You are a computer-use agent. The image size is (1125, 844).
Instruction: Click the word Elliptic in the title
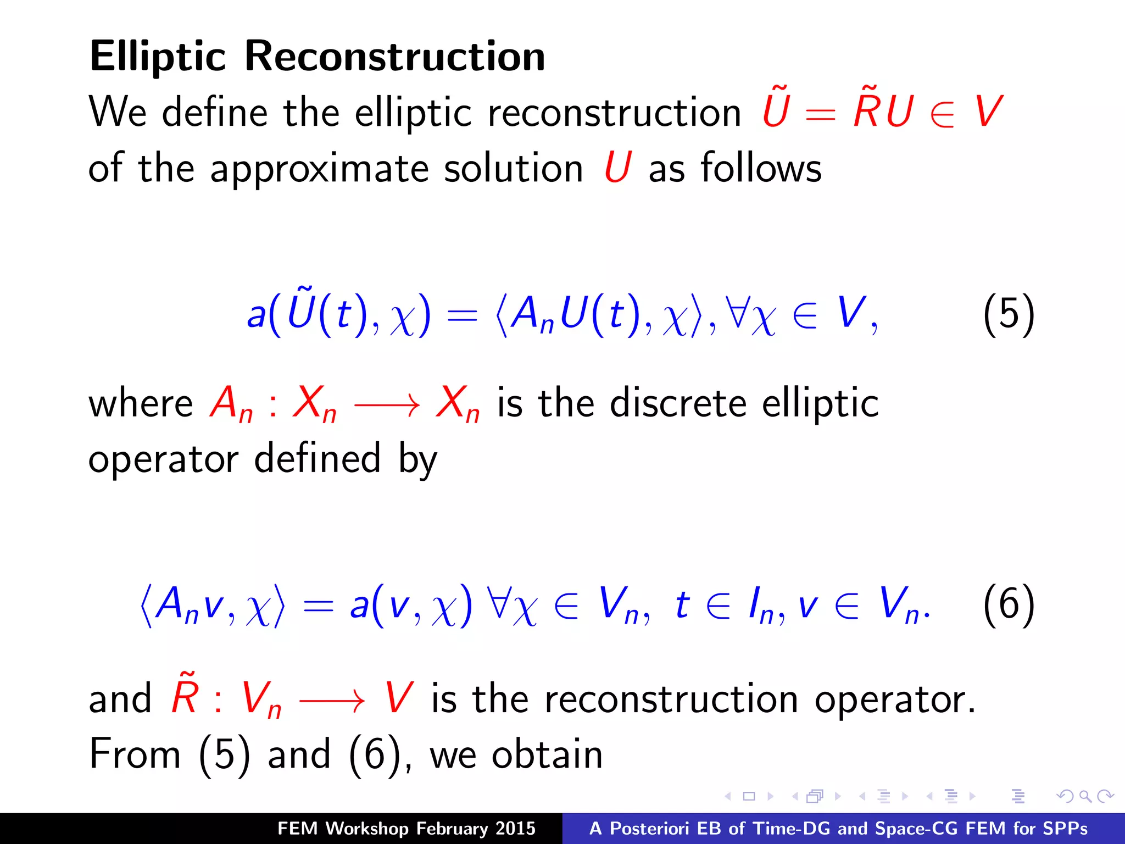[158, 57]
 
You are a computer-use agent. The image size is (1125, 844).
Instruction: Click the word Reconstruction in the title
[394, 57]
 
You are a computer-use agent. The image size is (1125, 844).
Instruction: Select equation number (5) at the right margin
[1009, 314]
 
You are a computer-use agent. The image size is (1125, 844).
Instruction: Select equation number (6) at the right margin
[1009, 604]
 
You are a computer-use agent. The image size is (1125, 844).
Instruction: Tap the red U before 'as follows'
[617, 167]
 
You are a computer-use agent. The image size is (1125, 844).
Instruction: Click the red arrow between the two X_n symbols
[387, 406]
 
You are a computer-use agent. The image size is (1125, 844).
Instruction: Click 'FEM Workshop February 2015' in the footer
[406, 829]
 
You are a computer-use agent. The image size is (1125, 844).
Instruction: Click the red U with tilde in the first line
[776, 109]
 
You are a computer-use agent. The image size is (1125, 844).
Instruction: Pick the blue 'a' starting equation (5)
[256, 315]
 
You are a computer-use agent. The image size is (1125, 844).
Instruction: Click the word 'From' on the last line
[135, 754]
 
